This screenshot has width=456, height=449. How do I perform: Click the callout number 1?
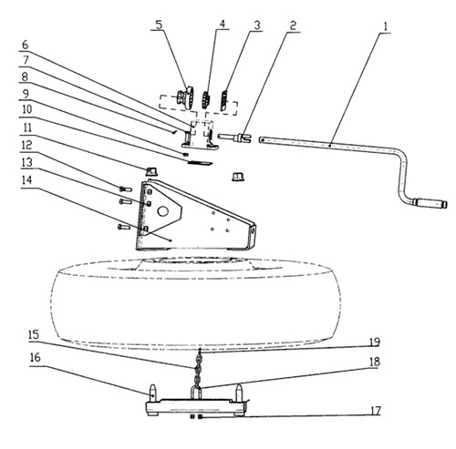click(x=385, y=26)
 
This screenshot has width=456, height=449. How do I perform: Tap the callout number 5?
click(x=159, y=25)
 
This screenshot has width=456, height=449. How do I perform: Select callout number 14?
click(x=26, y=180)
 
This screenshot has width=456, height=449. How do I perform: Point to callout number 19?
click(x=375, y=342)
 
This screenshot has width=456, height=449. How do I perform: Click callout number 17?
click(x=375, y=411)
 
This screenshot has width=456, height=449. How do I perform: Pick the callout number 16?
click(x=35, y=357)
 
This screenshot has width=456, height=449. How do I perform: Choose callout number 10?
click(x=26, y=109)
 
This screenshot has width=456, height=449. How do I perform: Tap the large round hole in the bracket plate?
click(x=163, y=211)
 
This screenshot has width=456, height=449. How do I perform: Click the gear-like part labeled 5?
click(x=185, y=97)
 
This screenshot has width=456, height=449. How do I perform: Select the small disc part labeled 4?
click(x=206, y=99)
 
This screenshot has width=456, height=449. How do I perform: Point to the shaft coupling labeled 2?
click(x=234, y=138)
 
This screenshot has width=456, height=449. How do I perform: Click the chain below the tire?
click(x=197, y=368)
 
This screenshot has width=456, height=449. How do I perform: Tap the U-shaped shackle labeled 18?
click(x=196, y=393)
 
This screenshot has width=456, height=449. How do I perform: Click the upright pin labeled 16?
click(x=153, y=393)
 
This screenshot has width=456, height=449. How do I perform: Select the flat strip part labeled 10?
click(x=200, y=163)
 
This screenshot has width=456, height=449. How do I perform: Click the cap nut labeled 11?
click(x=151, y=171)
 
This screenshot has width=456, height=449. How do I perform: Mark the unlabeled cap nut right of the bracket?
click(x=238, y=177)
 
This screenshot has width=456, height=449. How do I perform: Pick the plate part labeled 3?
click(x=224, y=100)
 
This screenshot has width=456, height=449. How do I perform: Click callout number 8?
click(x=25, y=76)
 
